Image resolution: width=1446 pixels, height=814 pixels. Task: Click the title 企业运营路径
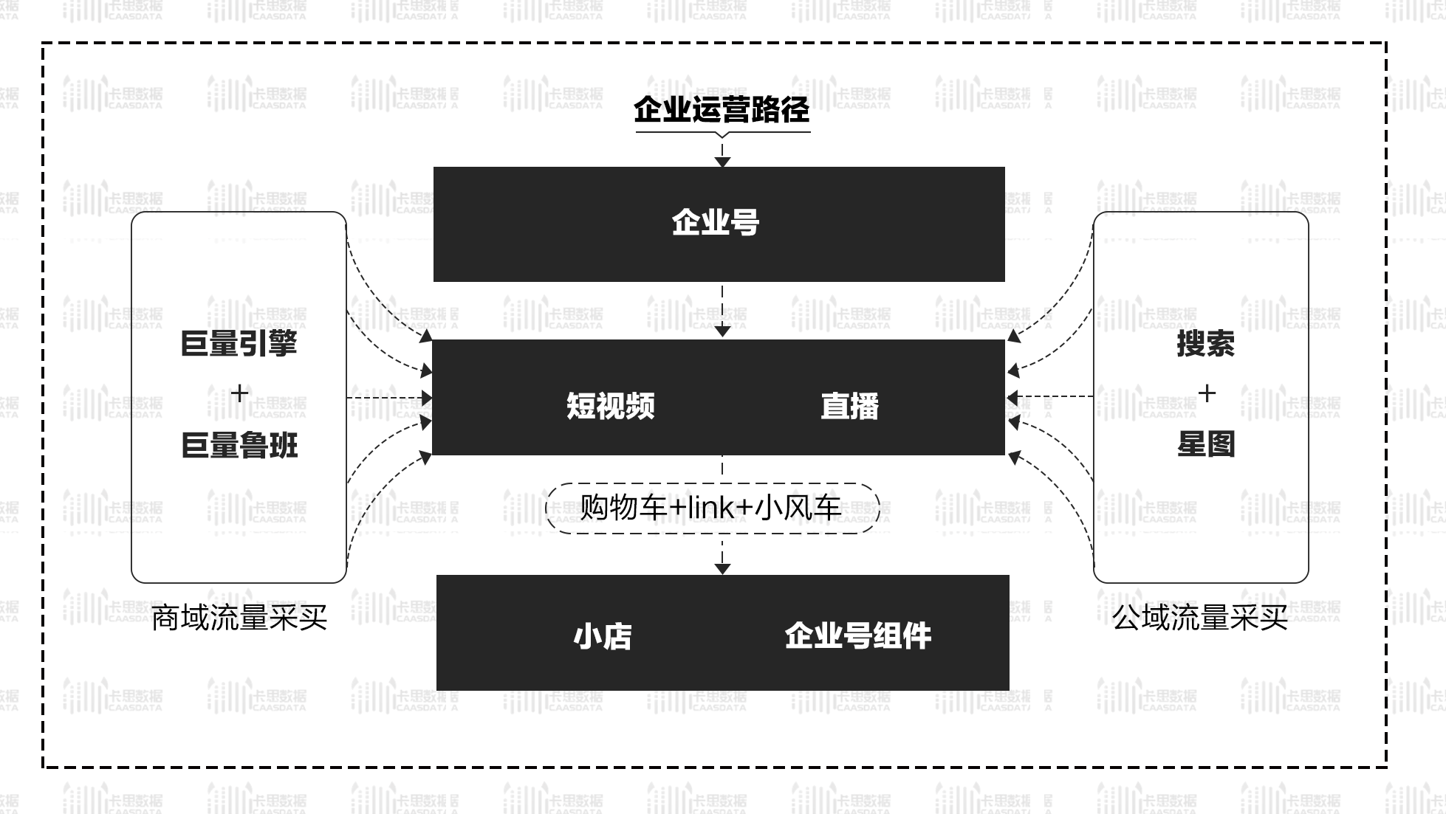(x=722, y=109)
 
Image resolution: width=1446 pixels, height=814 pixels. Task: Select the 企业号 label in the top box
(x=716, y=222)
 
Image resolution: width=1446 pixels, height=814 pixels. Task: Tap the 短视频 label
(x=610, y=406)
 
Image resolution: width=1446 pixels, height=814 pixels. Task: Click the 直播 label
(x=849, y=406)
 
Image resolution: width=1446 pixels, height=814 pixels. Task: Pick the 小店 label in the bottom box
(x=602, y=636)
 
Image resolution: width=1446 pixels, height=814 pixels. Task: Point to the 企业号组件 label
(x=857, y=636)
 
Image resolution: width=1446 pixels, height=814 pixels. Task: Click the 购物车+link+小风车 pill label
(x=711, y=508)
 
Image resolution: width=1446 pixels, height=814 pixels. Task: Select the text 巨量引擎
(x=239, y=344)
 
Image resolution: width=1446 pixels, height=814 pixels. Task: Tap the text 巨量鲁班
(x=239, y=446)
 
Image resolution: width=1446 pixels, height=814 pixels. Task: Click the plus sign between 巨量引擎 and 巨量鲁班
(x=239, y=393)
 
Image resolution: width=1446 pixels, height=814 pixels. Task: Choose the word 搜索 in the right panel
(x=1205, y=344)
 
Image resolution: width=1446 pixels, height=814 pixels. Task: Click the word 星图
(x=1205, y=445)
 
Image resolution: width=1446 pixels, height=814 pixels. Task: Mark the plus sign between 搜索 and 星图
(x=1206, y=393)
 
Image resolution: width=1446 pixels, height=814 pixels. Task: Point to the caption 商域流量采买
(x=239, y=618)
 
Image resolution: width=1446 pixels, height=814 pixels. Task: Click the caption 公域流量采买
(x=1200, y=618)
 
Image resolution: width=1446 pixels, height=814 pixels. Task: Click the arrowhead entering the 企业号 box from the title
(x=722, y=162)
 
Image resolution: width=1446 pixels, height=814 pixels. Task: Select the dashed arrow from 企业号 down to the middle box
(x=722, y=310)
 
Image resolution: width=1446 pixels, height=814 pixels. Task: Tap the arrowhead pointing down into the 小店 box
(x=722, y=568)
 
